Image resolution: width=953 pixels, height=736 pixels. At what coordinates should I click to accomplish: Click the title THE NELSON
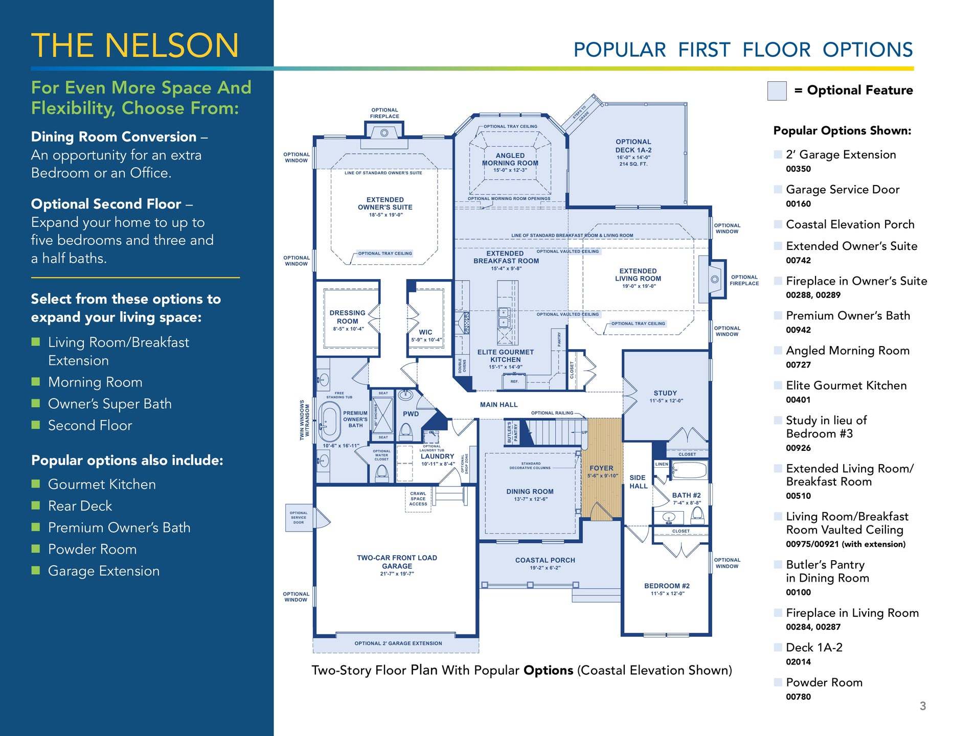click(135, 45)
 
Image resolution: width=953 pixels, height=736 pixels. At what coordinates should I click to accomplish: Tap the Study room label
click(665, 393)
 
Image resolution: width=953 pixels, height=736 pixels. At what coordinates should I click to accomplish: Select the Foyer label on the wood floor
click(601, 468)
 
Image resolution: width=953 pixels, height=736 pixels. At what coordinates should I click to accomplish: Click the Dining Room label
click(530, 492)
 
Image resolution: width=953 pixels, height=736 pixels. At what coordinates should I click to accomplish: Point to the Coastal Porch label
click(545, 560)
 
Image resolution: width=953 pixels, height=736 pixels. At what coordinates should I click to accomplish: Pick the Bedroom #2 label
click(667, 586)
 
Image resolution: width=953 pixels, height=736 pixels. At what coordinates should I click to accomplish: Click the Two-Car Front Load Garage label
click(397, 562)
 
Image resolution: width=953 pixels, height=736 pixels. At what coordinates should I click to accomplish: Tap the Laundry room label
click(437, 456)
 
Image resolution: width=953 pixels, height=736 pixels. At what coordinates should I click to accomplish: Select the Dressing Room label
click(347, 317)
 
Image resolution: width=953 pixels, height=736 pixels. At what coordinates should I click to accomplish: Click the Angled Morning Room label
click(510, 159)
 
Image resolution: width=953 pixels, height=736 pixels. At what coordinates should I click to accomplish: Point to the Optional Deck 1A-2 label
click(633, 146)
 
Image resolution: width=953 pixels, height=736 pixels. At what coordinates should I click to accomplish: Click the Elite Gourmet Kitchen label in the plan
click(505, 356)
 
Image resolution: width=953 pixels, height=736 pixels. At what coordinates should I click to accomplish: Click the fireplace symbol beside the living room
click(715, 279)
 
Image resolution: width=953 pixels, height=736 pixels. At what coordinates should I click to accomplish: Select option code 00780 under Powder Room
click(798, 697)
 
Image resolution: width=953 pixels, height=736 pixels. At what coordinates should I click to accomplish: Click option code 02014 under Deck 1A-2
click(798, 662)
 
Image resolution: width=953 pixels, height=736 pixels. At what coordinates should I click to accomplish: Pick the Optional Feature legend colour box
click(777, 91)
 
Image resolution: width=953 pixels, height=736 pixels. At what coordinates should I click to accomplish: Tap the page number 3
click(922, 706)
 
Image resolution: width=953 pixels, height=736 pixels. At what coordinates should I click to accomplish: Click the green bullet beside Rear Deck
click(35, 505)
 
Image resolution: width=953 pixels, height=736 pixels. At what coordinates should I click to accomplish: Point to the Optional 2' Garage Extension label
click(398, 643)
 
